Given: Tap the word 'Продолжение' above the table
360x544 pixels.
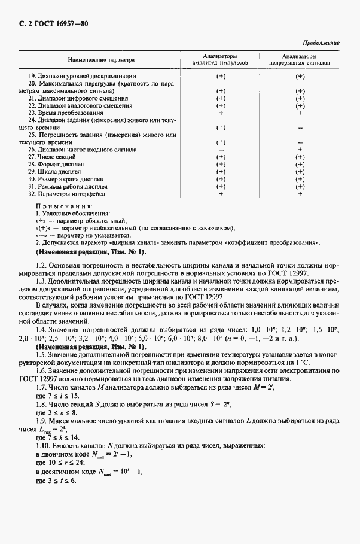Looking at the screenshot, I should click(x=322, y=43).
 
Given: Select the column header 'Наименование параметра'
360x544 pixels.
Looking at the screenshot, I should click(x=101, y=60).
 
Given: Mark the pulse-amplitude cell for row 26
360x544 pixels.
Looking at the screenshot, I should click(x=221, y=150).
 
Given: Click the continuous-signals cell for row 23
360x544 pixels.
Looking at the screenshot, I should click(x=300, y=113).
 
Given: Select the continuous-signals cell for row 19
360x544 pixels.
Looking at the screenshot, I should click(x=300, y=76).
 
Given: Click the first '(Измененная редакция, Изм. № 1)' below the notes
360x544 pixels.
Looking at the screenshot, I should click(x=90, y=253).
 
